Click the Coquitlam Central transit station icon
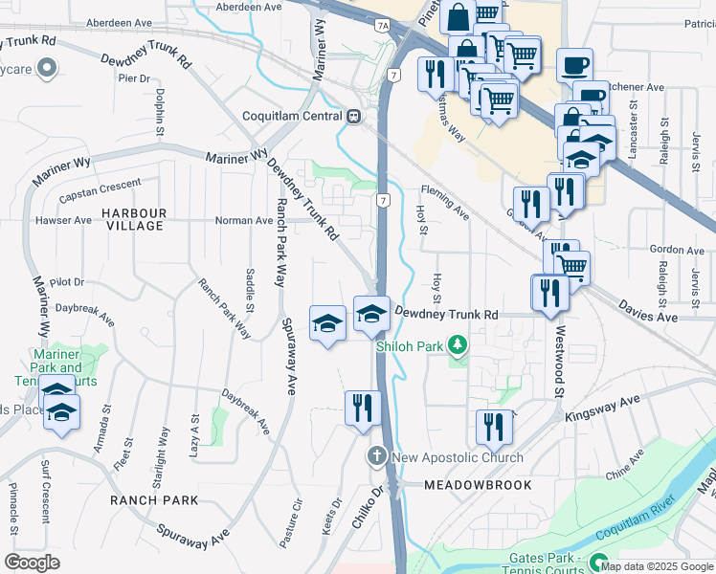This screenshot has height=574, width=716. click(x=353, y=116)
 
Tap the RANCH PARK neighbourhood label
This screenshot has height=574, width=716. click(x=154, y=500)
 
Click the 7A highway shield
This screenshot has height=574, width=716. click(x=382, y=26)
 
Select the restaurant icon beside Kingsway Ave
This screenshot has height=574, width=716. click(x=494, y=425)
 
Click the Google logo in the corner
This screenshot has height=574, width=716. click(x=32, y=563)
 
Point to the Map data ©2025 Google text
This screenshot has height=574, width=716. click(x=656, y=566)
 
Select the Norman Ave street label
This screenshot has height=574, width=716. click(x=244, y=220)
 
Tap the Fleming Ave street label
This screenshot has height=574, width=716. click(x=444, y=201)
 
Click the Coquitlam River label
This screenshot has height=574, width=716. click(x=638, y=527)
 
